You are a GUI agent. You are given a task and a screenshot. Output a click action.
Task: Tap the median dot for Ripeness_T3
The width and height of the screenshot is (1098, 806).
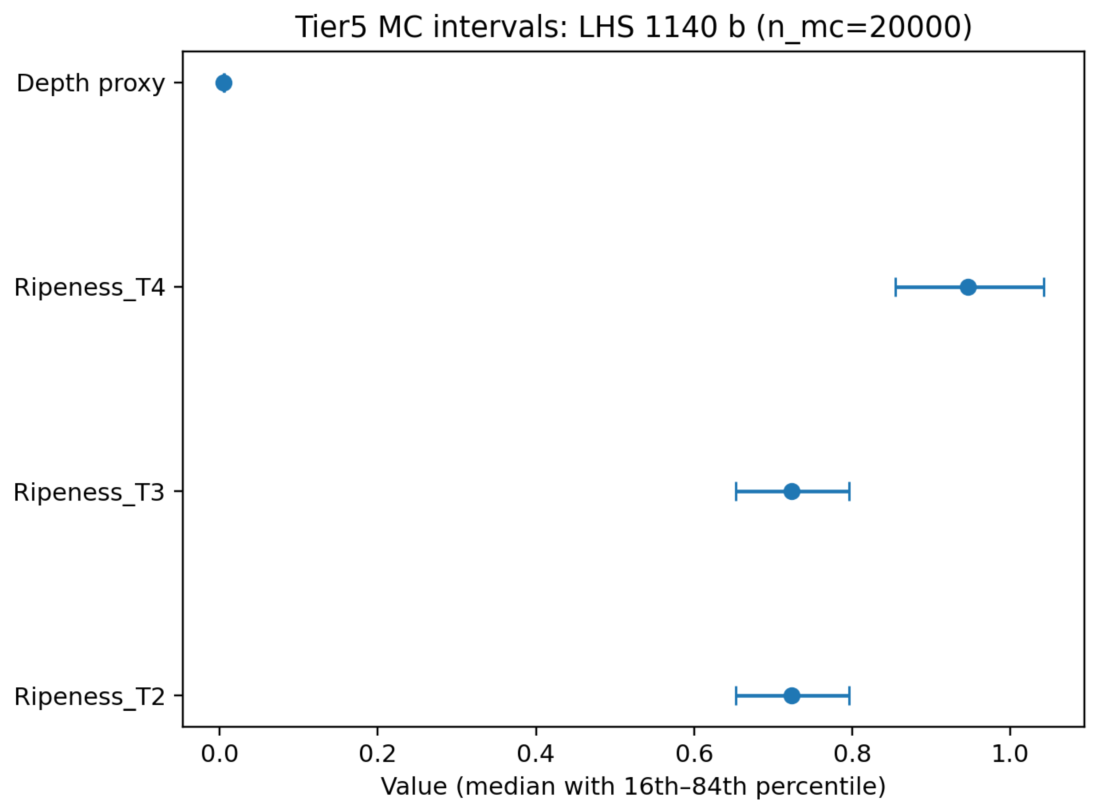point(792,491)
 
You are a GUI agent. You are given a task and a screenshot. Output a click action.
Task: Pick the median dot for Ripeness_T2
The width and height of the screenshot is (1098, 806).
point(792,696)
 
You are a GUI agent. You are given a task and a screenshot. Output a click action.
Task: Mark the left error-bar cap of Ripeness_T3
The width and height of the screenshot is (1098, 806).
point(736,491)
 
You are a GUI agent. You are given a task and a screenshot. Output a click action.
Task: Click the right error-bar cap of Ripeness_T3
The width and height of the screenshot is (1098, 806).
point(850,491)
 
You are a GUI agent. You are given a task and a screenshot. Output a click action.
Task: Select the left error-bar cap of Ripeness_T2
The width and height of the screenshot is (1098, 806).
point(736,696)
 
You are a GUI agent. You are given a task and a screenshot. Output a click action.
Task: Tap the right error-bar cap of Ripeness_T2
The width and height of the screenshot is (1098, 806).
point(850,696)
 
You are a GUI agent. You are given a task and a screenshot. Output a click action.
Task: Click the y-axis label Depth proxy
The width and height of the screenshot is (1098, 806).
point(91,84)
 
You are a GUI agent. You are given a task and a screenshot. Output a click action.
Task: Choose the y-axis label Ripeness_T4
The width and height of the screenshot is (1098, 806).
point(90,288)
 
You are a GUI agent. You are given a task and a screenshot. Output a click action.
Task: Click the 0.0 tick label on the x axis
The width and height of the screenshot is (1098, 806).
point(219,754)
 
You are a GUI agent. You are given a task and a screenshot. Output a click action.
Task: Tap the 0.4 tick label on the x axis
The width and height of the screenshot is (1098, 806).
point(535,754)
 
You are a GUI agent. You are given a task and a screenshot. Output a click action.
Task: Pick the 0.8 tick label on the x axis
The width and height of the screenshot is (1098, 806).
point(852,754)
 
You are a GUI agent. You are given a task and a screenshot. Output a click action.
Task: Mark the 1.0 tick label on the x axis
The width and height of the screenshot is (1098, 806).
point(1010,754)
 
